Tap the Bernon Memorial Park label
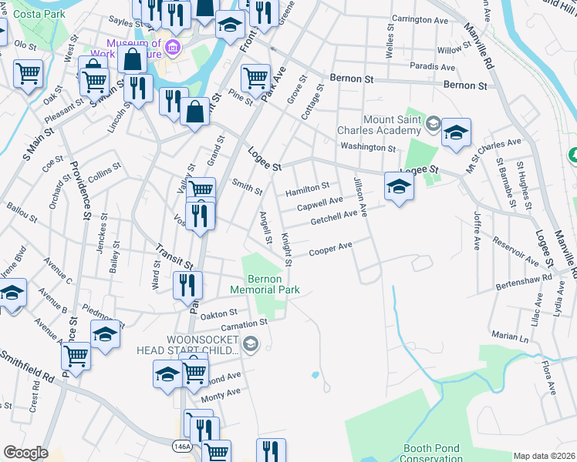(x=265, y=284)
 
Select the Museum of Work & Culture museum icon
(x=172, y=49)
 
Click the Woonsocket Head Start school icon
(x=249, y=344)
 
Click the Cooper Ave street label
(x=330, y=249)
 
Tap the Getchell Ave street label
(x=333, y=218)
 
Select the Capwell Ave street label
(x=320, y=202)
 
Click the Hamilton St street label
(x=307, y=186)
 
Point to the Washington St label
(x=367, y=147)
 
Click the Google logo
(x=25, y=453)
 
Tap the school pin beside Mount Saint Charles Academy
(x=456, y=132)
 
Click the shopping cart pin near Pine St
(x=255, y=77)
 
